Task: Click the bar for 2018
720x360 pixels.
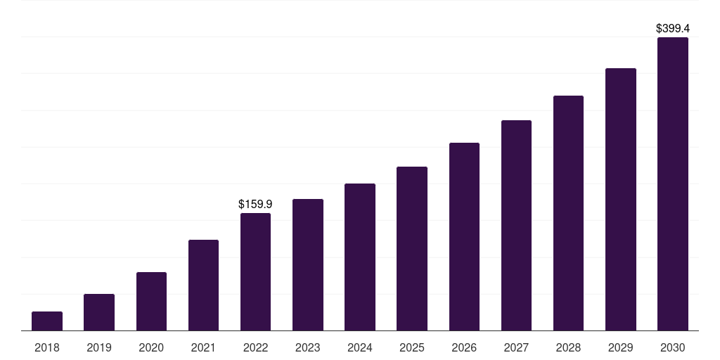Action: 47,321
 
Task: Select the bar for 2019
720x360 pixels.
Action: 99,312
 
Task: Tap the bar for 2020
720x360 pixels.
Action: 151,302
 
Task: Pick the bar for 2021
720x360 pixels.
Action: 203,285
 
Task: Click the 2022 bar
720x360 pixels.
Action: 255,272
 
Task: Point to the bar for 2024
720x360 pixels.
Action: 360,257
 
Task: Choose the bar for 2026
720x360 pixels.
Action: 464,237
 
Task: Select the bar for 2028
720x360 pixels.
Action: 568,213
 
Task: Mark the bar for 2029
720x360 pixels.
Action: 621,200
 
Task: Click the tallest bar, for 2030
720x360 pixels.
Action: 673,184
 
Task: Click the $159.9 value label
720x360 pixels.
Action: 255,205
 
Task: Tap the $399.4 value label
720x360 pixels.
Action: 673,29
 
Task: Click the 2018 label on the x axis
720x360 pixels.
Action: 47,347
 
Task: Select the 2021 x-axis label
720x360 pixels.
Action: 203,347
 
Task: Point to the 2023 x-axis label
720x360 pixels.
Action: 308,347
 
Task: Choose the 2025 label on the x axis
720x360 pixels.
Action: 412,347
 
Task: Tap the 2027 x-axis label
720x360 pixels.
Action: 516,347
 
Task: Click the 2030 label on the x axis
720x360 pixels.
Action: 673,347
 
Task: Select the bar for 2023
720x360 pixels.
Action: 308,265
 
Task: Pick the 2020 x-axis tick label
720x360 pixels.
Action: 151,347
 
